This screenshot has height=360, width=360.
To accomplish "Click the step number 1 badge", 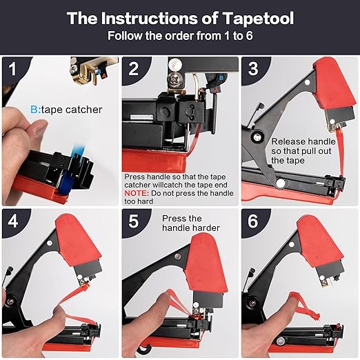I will [12, 68].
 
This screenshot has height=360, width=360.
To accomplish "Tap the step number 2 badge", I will [134, 68].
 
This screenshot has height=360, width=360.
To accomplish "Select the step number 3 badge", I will [254, 68].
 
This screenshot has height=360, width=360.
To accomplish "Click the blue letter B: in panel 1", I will [35, 108].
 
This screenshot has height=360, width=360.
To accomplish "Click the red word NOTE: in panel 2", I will [136, 194].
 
